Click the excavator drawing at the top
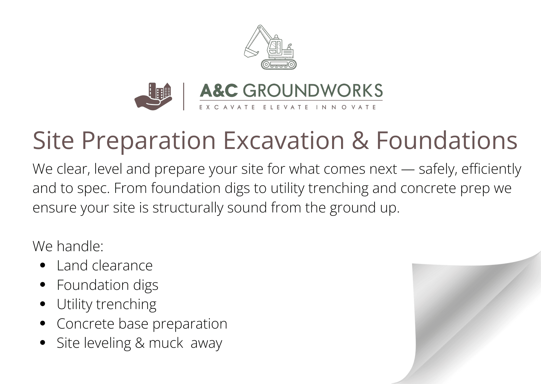(x=270, y=47)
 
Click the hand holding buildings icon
(x=153, y=96)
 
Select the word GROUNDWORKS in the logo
(x=313, y=91)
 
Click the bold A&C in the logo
(x=219, y=91)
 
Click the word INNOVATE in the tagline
(x=346, y=107)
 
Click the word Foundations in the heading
(x=447, y=140)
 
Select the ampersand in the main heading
(x=360, y=141)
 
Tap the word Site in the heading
(x=53, y=140)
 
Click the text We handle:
(x=68, y=246)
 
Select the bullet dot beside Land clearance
(x=43, y=265)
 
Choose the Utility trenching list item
(x=106, y=304)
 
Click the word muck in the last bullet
(x=166, y=343)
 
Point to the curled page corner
(x=470, y=319)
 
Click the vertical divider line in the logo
(x=184, y=96)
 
